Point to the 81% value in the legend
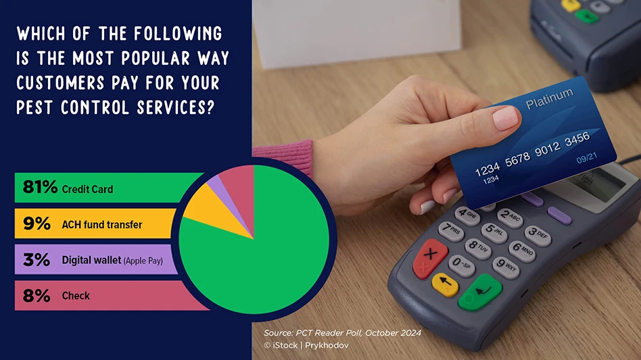40,187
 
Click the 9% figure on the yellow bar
37,224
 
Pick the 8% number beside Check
37,296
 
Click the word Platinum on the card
549,99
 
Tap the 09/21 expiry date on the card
587,158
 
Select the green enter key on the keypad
480,292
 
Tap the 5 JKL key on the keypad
494,232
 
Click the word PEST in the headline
34,108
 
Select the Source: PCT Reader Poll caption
342,333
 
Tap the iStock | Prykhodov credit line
306,345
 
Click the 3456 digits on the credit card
577,139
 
